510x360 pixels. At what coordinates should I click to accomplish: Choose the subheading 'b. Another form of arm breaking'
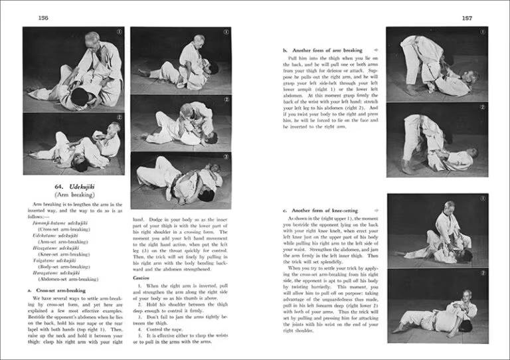(322, 50)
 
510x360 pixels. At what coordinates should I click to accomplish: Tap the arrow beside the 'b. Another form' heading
(376, 50)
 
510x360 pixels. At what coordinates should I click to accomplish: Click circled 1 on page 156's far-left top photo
(118, 33)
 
